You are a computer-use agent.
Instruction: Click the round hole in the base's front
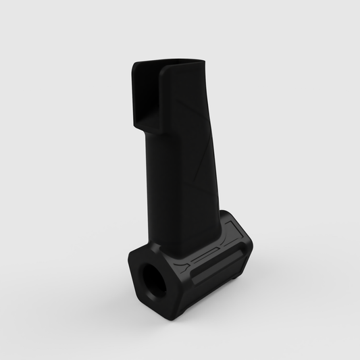(x=151, y=278)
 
